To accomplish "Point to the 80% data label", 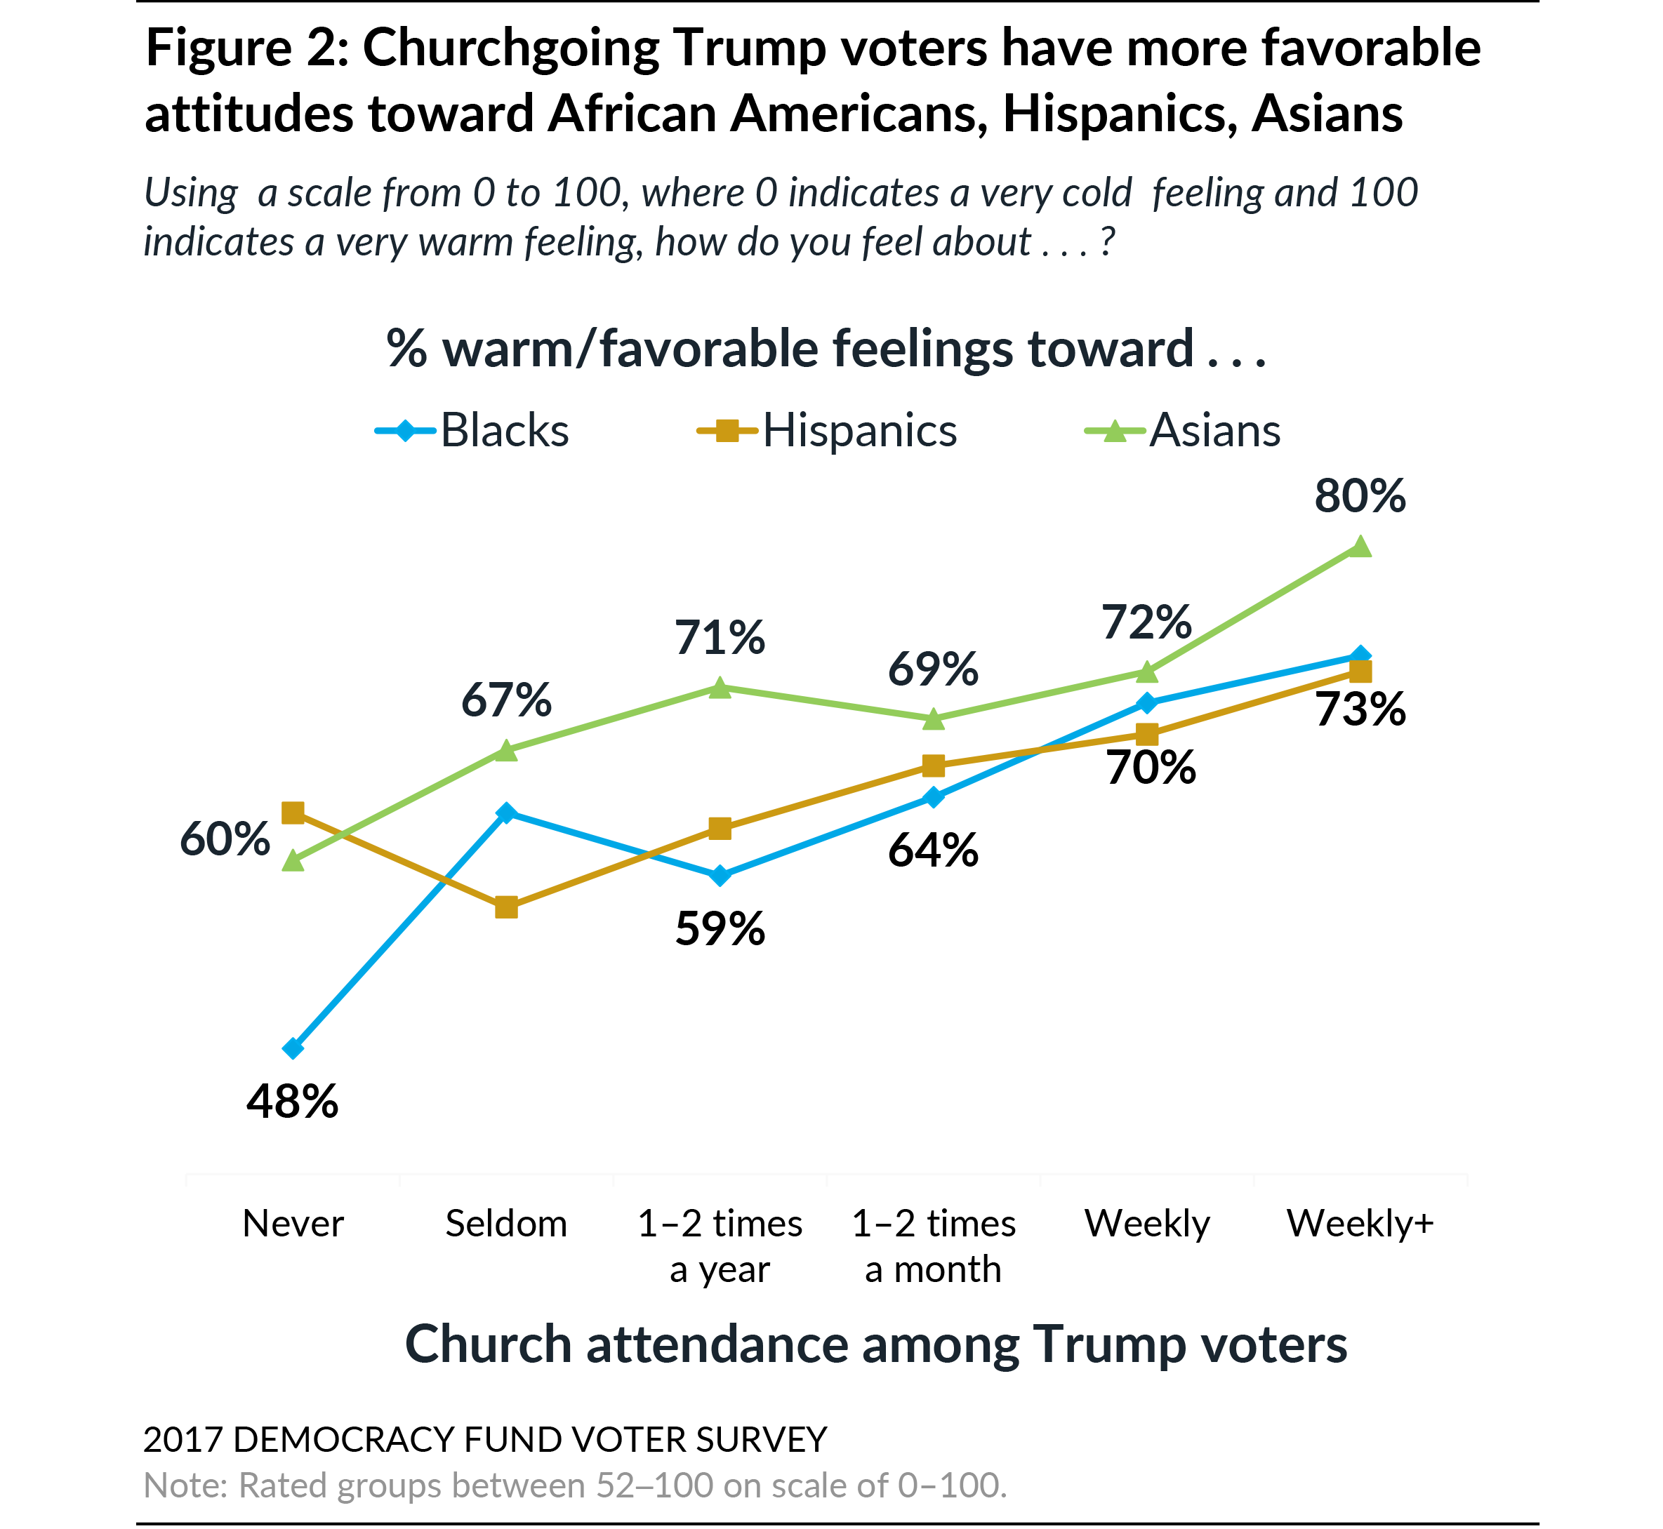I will tap(1359, 496).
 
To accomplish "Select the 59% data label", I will tap(720, 929).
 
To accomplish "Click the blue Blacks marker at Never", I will tap(293, 1048).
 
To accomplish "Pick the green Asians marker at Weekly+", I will tap(1360, 547).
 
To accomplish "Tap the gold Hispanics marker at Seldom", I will tap(507, 907).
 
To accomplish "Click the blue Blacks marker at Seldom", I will tap(507, 813).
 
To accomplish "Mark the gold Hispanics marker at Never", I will tap(293, 813).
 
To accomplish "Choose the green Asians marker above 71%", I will tap(720, 688).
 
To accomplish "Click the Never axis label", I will tap(293, 1224).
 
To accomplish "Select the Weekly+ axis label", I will tap(1360, 1224).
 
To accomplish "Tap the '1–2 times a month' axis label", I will tap(933, 1246).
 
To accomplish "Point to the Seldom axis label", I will tap(507, 1224).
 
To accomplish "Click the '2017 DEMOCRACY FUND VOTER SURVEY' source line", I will tap(484, 1441).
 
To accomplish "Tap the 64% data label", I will tap(933, 850).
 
